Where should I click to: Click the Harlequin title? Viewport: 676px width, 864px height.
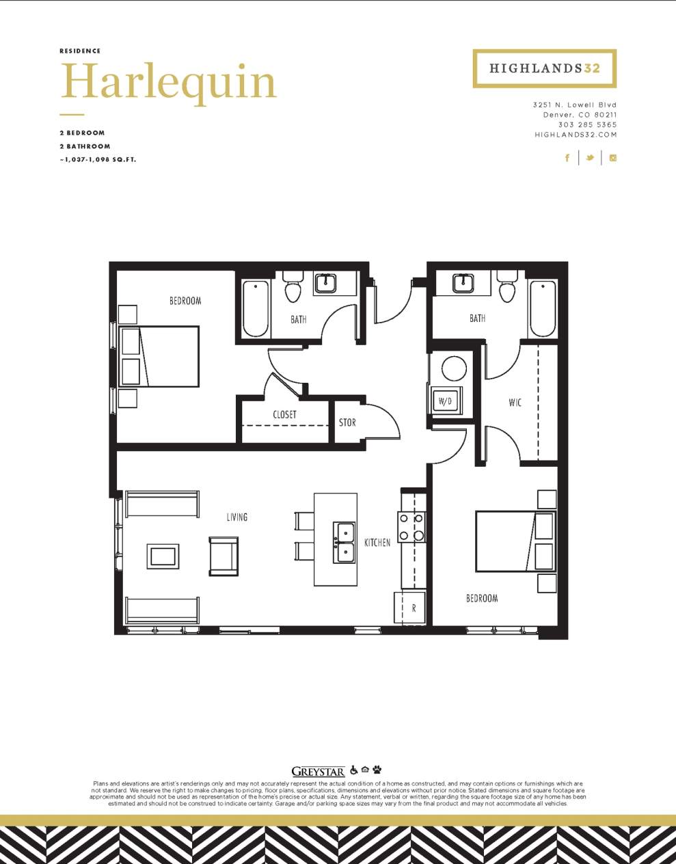click(168, 82)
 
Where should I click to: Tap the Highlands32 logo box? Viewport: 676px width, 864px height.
click(544, 68)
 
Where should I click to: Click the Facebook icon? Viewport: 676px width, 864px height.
click(567, 158)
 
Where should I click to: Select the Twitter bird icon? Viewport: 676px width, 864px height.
click(589, 158)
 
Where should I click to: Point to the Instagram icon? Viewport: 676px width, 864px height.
click(613, 158)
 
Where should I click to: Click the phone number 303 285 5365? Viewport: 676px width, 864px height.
click(587, 125)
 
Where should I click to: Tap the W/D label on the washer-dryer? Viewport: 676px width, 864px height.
click(445, 401)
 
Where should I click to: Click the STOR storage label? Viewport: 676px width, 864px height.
click(347, 422)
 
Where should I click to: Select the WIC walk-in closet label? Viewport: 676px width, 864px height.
click(515, 403)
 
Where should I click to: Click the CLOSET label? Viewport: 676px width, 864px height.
click(284, 415)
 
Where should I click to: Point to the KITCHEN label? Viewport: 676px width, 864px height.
click(377, 542)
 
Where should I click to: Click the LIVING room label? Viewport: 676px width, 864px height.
click(237, 517)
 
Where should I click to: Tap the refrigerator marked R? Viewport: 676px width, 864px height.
click(410, 607)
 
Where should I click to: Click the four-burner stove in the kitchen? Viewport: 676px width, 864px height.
click(413, 527)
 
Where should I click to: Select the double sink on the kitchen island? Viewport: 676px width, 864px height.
click(344, 542)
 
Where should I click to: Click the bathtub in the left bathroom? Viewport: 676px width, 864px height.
click(256, 308)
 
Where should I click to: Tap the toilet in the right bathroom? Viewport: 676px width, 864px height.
click(507, 286)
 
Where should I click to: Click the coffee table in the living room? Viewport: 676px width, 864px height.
click(163, 556)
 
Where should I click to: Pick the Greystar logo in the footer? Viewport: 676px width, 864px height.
click(318, 771)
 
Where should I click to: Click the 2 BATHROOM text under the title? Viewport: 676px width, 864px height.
click(85, 146)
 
